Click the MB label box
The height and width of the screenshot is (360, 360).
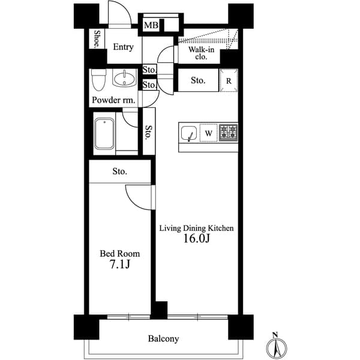click(x=150, y=26)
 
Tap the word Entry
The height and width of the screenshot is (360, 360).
click(x=124, y=47)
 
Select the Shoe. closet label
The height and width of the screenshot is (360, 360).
click(x=97, y=39)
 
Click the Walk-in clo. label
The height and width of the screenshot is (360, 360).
click(x=198, y=53)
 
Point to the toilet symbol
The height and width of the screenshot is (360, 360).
click(x=98, y=79)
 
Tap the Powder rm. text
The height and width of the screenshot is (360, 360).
click(x=113, y=100)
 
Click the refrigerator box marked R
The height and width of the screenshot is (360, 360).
click(x=229, y=80)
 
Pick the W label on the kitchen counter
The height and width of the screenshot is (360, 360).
click(x=208, y=133)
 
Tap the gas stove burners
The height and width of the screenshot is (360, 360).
click(x=228, y=133)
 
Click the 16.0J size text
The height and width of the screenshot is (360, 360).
click(x=196, y=239)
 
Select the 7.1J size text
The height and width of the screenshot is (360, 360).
click(x=119, y=265)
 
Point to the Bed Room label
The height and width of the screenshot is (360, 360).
click(x=119, y=254)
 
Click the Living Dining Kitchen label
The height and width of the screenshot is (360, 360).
click(x=196, y=228)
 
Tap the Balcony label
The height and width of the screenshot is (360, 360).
click(x=163, y=339)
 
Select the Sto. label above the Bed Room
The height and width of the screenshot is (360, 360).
click(x=119, y=172)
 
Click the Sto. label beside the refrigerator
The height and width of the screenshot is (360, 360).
click(x=198, y=80)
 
